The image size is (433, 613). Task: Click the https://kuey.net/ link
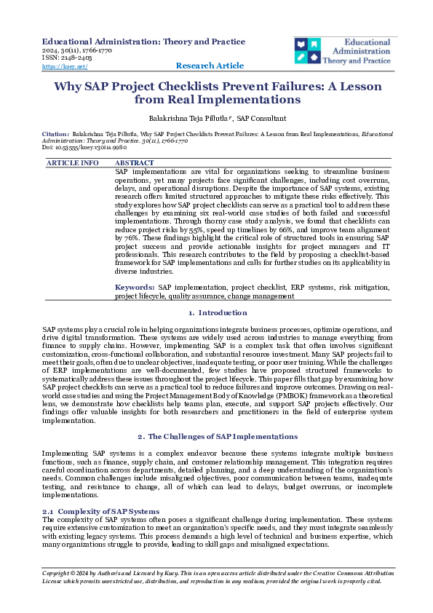[x=65, y=66]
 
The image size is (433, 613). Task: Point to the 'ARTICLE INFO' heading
[x=73, y=163]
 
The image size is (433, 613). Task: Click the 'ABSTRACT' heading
[x=135, y=163]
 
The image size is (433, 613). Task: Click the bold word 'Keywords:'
[x=135, y=288]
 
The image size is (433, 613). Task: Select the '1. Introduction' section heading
[x=218, y=313]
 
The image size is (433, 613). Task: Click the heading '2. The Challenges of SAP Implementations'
[x=218, y=436]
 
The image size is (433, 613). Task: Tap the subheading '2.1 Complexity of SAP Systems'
[x=101, y=512]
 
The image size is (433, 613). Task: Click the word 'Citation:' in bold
[x=56, y=135]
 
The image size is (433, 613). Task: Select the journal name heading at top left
[x=144, y=41]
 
